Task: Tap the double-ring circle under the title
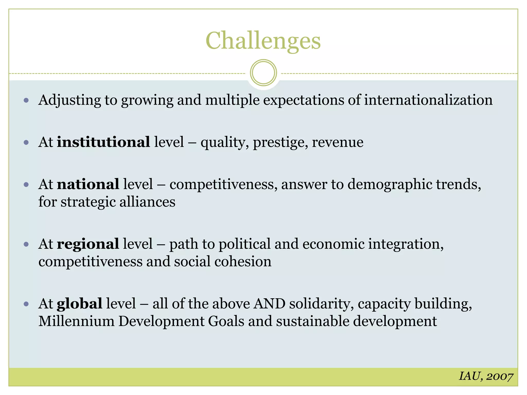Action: pyautogui.click(x=263, y=73)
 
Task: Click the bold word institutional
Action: pyautogui.click(x=103, y=142)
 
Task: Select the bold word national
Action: pyautogui.click(x=88, y=184)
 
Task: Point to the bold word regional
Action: pyautogui.click(x=88, y=244)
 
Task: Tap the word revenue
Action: pyautogui.click(x=338, y=142)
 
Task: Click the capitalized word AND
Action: pyautogui.click(x=269, y=304)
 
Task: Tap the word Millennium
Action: pyautogui.click(x=76, y=321)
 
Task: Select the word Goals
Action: pyautogui.click(x=226, y=321)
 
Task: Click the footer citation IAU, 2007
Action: pyautogui.click(x=486, y=376)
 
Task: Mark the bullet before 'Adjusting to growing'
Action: pyautogui.click(x=26, y=100)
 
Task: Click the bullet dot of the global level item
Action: pyautogui.click(x=26, y=304)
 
